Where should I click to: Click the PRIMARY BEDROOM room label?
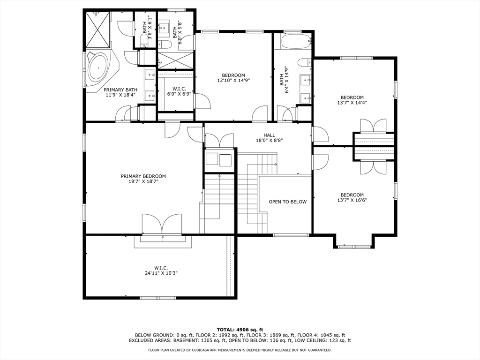143,176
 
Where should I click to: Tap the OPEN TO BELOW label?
287,202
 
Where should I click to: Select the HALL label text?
270,135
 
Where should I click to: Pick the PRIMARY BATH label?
120,90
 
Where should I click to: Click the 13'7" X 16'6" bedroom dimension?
352,200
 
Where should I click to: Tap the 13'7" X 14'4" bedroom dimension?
352,103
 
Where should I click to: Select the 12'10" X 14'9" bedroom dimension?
233,81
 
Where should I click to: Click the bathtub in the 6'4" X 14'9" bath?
296,41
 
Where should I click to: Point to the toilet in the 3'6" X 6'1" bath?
143,41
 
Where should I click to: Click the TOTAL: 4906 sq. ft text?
240,330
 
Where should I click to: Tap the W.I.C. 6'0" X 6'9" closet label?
175,91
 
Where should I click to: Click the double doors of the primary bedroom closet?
163,224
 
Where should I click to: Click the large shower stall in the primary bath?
97,30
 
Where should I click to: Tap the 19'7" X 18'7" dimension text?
143,181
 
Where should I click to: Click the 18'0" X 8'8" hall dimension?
270,141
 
